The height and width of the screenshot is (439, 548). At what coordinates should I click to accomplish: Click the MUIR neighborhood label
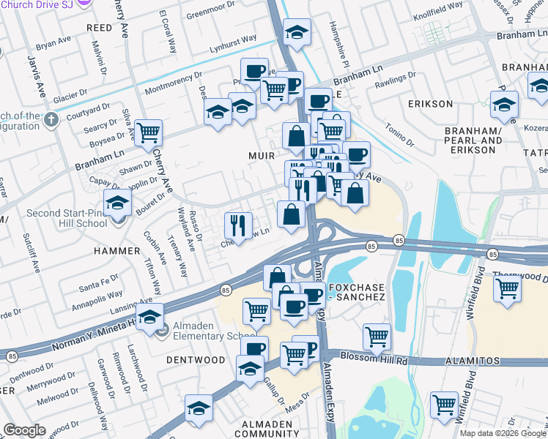click(x=261, y=156)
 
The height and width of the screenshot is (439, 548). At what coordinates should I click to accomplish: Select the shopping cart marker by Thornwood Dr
click(x=507, y=289)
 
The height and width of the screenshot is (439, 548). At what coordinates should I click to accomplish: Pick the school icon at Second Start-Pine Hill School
click(x=117, y=202)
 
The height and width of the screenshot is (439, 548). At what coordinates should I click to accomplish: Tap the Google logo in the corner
click(x=24, y=430)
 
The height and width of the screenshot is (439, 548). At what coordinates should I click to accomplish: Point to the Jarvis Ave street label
click(x=34, y=74)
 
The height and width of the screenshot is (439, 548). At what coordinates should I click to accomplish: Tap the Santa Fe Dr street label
click(x=99, y=280)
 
